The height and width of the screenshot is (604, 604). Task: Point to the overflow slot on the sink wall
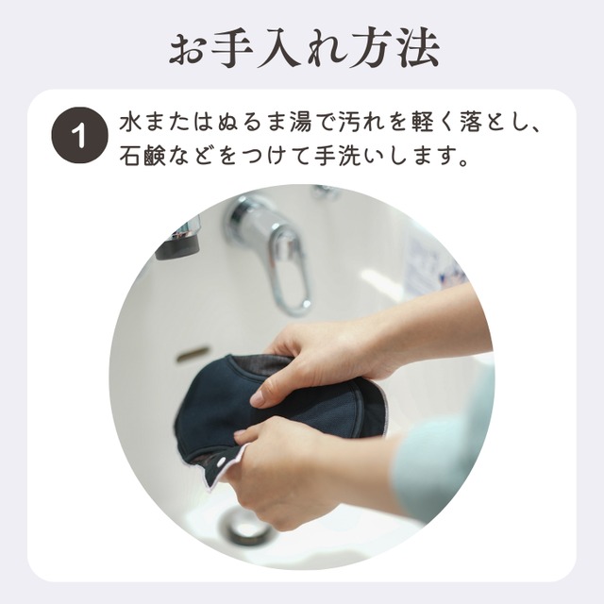click(193, 355)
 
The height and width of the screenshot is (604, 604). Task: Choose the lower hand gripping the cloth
click(283, 472)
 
